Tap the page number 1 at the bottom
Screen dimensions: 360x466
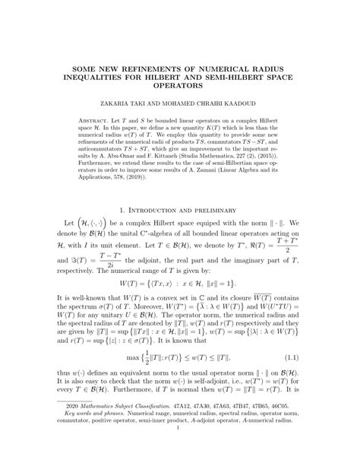[x=180, y=449]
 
